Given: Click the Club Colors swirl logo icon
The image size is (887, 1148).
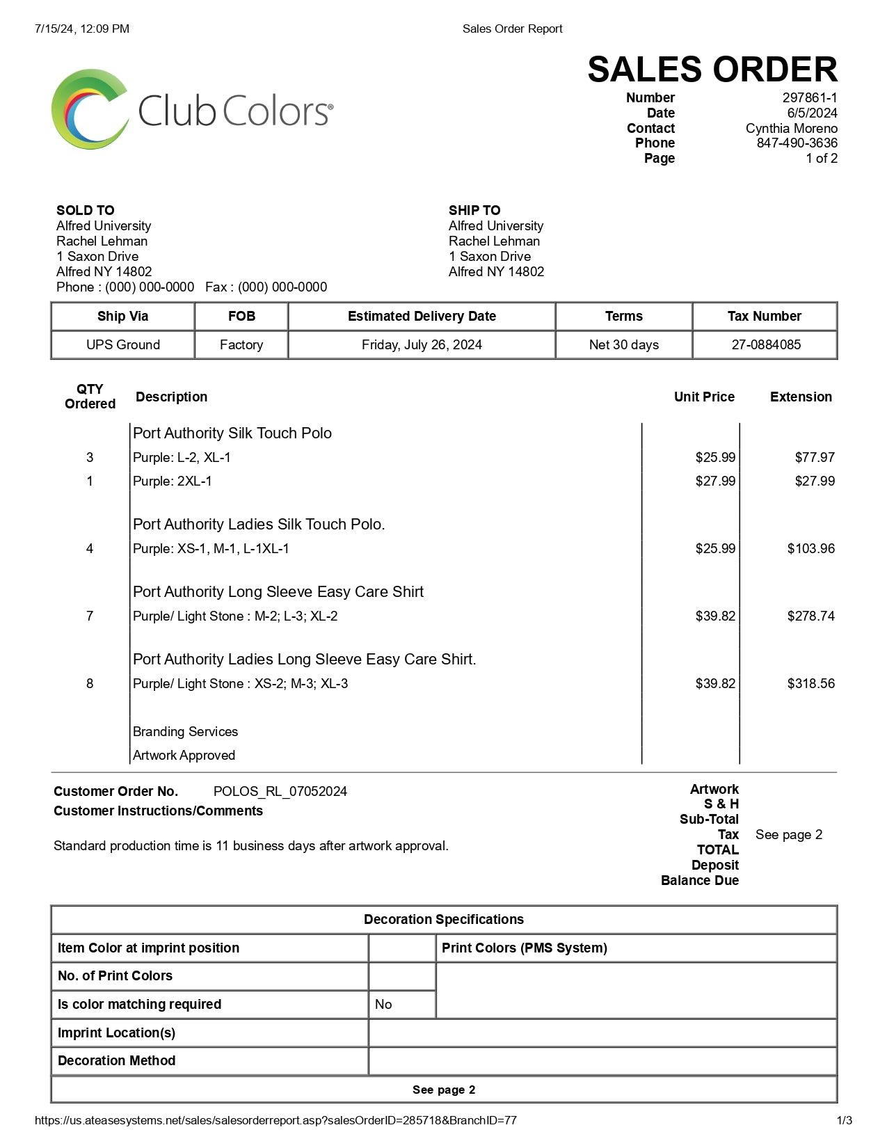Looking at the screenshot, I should [89, 109].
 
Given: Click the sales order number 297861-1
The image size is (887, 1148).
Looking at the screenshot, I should [809, 98].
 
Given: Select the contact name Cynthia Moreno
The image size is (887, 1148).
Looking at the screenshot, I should [791, 129].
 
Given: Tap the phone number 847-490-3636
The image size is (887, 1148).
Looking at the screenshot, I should [797, 143].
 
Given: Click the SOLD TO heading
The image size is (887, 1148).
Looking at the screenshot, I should [85, 210].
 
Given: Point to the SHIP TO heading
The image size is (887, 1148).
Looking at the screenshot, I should [474, 210].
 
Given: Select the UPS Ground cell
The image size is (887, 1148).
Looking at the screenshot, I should [123, 345].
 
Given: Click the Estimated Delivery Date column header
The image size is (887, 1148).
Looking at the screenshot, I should [422, 317].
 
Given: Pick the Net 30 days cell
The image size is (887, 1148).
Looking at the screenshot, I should [623, 345].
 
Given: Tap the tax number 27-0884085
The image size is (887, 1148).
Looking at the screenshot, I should [765, 345].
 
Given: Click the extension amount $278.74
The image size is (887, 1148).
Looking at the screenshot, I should [810, 616].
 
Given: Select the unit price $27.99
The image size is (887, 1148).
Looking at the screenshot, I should [714, 481].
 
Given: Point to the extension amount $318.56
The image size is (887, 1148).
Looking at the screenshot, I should [810, 684].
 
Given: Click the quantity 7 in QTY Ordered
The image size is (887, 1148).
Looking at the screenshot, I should [90, 616].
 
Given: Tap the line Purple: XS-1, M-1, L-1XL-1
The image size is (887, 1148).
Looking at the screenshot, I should [211, 549].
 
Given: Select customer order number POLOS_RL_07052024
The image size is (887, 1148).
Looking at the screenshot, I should [280, 792].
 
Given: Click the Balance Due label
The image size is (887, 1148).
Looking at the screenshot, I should [699, 881].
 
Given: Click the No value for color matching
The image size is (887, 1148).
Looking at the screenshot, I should [383, 1005].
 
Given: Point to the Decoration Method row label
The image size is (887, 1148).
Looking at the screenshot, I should [116, 1061].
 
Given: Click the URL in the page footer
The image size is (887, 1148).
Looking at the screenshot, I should [275, 1121].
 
